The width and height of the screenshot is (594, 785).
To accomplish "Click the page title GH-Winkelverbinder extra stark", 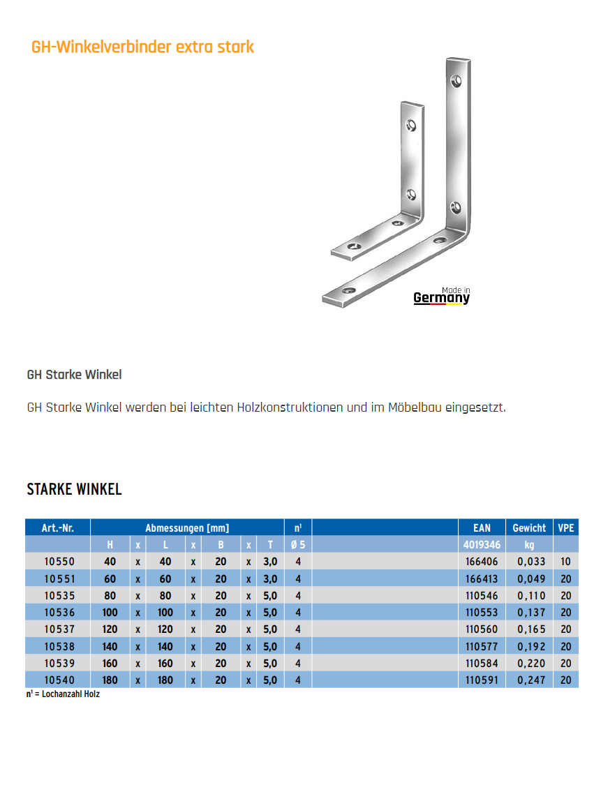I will [142, 47].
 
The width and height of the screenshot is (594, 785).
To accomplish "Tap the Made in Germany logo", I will [442, 297].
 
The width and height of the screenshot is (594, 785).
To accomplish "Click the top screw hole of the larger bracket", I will [456, 81].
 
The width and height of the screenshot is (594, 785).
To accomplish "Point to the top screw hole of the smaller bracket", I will [411, 126].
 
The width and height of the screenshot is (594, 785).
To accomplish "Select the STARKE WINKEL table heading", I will [74, 489].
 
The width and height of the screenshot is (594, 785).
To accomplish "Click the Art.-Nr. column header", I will [58, 528].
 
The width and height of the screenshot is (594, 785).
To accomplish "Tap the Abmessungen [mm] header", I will [187, 528].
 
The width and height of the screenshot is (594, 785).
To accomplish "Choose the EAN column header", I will [482, 528].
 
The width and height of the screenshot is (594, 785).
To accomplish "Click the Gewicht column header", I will [529, 528].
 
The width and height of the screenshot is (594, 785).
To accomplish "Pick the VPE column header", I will [566, 528].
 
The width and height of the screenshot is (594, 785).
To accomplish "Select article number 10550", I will [59, 562].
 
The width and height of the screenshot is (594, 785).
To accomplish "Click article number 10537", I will [59, 629].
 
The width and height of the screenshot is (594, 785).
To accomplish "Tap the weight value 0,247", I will [532, 680].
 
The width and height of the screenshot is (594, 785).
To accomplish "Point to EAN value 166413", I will [482, 578].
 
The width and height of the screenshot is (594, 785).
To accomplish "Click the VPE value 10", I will [566, 562].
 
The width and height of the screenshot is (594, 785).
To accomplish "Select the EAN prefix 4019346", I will [482, 545].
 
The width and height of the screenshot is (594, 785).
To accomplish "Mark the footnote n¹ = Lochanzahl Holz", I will [63, 694].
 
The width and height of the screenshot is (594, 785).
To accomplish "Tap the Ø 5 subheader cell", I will [298, 545].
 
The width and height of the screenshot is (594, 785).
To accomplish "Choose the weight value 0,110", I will [532, 596].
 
